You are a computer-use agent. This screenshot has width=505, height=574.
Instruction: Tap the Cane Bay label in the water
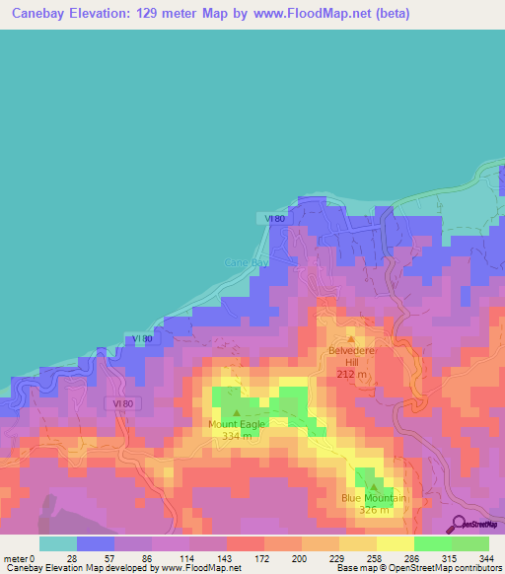pyautogui.click(x=244, y=262)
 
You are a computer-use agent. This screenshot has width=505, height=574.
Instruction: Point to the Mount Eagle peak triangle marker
pyautogui.click(x=236, y=413)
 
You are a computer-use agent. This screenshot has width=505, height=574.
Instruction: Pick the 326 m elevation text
pyautogui.click(x=374, y=510)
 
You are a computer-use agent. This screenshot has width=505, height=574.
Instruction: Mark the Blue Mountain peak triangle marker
pyautogui.click(x=375, y=486)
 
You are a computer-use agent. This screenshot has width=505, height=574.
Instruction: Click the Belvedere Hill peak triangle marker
pyautogui.click(x=349, y=339)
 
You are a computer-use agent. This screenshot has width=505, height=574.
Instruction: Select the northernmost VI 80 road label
pyautogui.click(x=275, y=218)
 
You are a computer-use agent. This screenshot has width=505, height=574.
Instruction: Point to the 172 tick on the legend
pyautogui.click(x=263, y=557)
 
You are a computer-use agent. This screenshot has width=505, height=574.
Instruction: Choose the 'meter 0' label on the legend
pyautogui.click(x=19, y=557)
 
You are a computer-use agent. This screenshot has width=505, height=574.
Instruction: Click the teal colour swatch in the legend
pyautogui.click(x=58, y=543)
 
